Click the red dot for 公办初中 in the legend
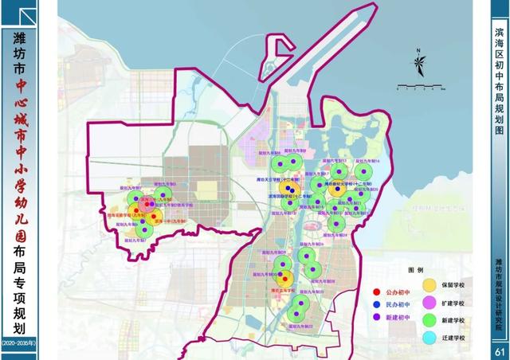coord(377,292)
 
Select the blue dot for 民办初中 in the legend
coord(377,304)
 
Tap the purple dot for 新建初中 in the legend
coord(377,317)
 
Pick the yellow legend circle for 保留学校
coord(428,284)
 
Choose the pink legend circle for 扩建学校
coord(428,302)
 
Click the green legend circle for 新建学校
coord(428,320)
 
